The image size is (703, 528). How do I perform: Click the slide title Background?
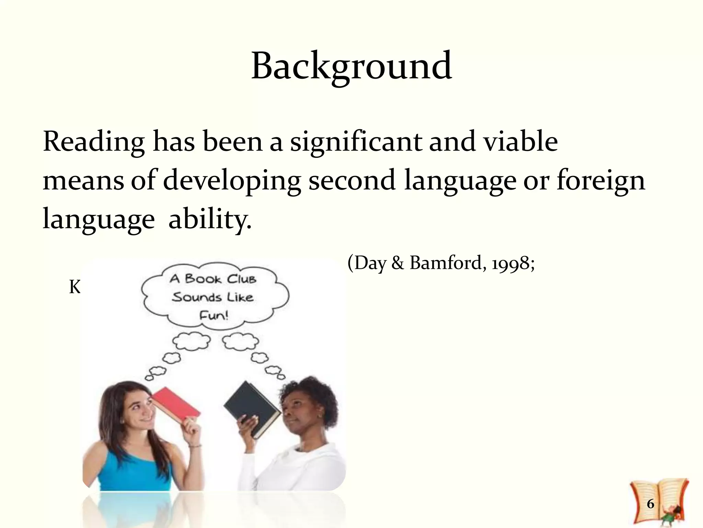351,66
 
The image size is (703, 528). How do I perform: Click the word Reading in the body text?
93,142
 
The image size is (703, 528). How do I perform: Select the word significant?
356,142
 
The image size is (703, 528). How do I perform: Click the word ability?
210,220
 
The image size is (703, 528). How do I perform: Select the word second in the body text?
352,181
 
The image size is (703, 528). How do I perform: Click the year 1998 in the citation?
511,264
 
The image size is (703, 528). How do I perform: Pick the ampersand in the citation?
397,264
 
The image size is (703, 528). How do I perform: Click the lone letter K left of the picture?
75,287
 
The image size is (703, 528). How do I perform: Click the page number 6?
650,504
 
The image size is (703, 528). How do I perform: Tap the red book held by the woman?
176,402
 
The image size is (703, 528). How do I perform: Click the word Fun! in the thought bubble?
214,315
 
